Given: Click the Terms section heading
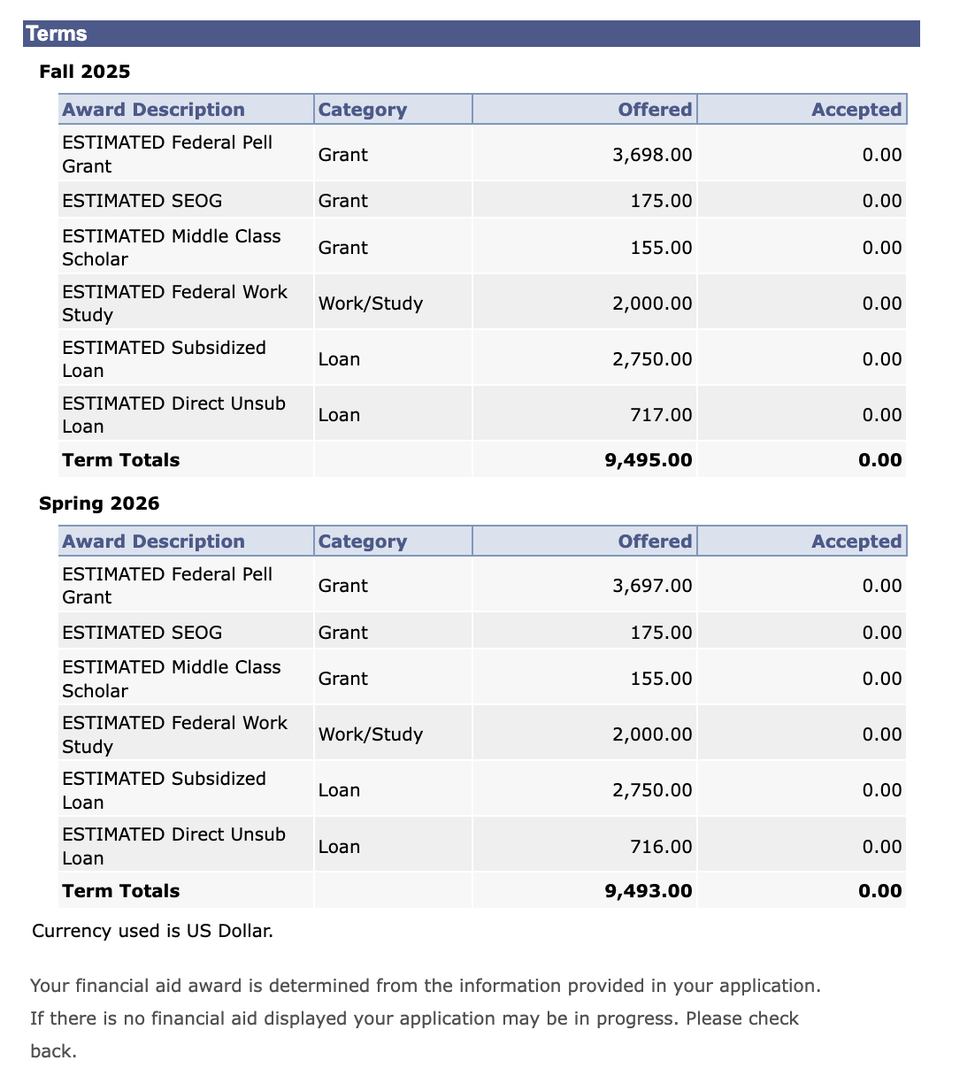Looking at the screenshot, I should point(57,34).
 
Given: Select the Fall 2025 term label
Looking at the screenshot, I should point(84,72).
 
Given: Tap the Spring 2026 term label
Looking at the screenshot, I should point(99,503).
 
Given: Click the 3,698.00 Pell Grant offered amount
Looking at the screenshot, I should point(652,155).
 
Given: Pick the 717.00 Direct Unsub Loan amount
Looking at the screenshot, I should point(661,415).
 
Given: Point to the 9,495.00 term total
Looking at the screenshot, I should point(649,460).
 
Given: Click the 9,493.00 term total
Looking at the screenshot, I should point(649,891).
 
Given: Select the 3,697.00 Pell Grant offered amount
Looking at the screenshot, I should point(652,586).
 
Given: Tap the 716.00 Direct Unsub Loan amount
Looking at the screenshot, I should point(661,847).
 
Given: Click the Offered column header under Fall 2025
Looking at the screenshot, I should point(655,110).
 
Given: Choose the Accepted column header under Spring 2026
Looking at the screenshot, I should point(856,542).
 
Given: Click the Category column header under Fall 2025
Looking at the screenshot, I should point(363,110).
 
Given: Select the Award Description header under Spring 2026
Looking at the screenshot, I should point(153,542).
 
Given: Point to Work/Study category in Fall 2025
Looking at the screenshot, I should point(371,304).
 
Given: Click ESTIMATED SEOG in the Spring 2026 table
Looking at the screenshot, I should point(142,633).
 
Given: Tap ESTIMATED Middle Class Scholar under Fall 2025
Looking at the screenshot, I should point(171,248).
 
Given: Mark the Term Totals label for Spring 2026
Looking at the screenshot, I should point(121,891).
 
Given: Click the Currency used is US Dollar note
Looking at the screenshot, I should point(152,931).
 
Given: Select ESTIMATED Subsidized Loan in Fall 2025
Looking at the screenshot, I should point(164,359).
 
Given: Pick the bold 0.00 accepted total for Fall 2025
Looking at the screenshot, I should point(880,460).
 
